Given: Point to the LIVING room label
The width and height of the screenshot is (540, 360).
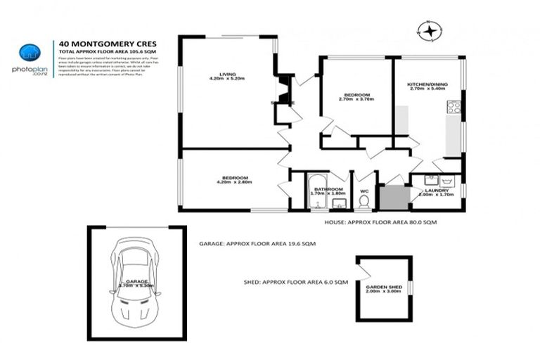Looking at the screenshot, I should [226, 72].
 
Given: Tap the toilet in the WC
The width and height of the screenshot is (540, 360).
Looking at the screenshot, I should [364, 202].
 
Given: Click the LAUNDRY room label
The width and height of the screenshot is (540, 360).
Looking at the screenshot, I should [437, 190].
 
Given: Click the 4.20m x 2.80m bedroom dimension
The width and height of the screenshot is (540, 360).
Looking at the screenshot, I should [233, 182].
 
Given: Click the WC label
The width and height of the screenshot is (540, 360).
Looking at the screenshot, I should [363, 189].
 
